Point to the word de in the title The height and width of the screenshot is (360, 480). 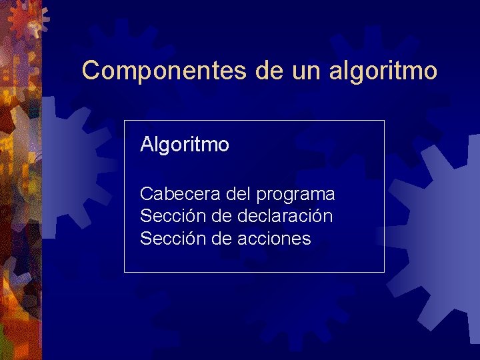point(269,70)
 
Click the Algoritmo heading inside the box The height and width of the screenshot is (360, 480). point(185,145)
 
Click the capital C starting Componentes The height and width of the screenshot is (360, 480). point(89,70)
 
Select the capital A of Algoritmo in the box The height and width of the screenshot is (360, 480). point(147,145)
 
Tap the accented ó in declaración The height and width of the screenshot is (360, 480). point(315,217)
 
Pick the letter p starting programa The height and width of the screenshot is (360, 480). point(261,196)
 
